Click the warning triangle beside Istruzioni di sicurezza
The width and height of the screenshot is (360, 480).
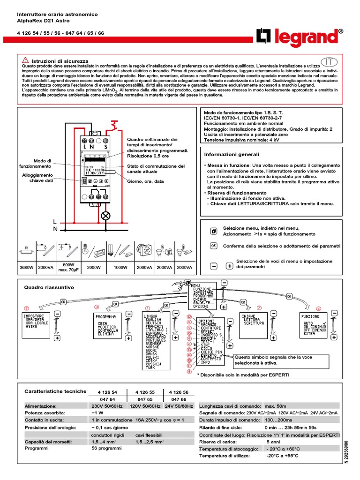[x=25, y=61]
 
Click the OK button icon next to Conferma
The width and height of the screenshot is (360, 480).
[x=213, y=246]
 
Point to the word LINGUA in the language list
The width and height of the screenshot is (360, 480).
[x=151, y=317]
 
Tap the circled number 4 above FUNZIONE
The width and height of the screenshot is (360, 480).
[x=319, y=308]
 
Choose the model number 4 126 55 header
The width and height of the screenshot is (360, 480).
[x=145, y=392]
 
